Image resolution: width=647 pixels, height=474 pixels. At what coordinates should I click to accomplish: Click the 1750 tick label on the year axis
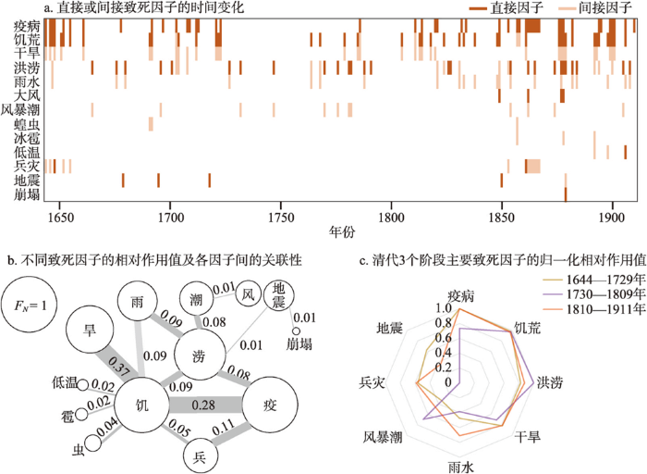tap(281, 217)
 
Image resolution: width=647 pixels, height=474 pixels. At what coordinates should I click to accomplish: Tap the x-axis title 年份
tap(342, 231)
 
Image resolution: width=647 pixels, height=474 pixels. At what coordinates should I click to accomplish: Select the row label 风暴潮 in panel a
tap(20, 110)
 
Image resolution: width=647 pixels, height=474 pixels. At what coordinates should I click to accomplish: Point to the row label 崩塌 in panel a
tap(27, 194)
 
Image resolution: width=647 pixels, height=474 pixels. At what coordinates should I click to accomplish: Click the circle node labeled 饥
tap(141, 405)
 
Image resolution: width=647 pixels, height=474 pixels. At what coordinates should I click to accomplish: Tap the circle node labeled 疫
tap(270, 405)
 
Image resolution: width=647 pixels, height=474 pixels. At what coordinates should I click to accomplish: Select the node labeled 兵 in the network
tap(201, 456)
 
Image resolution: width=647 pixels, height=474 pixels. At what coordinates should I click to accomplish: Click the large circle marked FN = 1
tap(30, 306)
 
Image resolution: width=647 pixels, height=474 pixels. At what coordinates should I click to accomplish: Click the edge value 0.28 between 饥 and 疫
tap(203, 405)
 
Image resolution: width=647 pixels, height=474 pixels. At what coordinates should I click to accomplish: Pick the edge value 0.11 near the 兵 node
tap(224, 429)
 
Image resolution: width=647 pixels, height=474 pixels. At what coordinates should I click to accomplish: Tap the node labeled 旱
tap(90, 331)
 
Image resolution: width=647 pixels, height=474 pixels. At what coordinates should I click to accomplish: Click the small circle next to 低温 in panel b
tap(83, 385)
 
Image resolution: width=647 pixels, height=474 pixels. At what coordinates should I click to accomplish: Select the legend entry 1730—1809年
tap(593, 294)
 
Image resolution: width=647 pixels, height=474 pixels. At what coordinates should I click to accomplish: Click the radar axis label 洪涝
tap(550, 383)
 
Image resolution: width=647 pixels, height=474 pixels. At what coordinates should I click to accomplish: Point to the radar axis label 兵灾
tap(372, 382)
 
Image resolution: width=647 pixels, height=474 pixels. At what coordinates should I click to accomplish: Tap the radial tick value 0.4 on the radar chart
tap(443, 353)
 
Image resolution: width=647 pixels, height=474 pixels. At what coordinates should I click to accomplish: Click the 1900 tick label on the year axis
tap(612, 217)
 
